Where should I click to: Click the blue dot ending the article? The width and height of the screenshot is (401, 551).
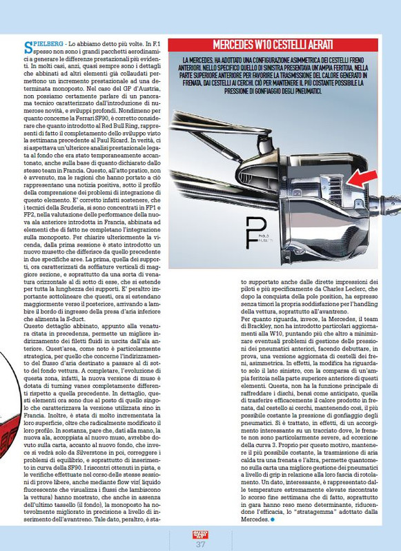273,519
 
